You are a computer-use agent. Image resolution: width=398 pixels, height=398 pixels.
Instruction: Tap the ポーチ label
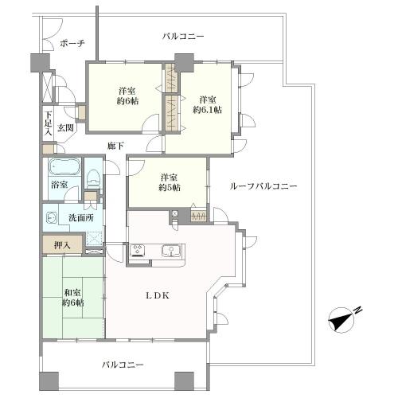72,43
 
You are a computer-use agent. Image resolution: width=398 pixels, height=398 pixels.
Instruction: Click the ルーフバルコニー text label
263,185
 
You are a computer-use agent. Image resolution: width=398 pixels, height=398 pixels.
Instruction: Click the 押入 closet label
62,244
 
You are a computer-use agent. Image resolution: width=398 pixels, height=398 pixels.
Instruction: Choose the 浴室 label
60,185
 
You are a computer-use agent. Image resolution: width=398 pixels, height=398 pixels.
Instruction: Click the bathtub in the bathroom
64,168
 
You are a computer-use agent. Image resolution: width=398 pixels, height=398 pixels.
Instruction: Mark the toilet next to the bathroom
93,175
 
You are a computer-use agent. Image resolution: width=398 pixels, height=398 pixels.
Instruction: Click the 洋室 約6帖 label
128,96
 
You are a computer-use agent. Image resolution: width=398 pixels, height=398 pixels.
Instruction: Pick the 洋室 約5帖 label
169,182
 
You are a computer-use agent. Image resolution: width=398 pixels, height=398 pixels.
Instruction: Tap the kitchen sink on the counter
170,252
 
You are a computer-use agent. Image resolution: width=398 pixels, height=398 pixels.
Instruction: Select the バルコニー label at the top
183,37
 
